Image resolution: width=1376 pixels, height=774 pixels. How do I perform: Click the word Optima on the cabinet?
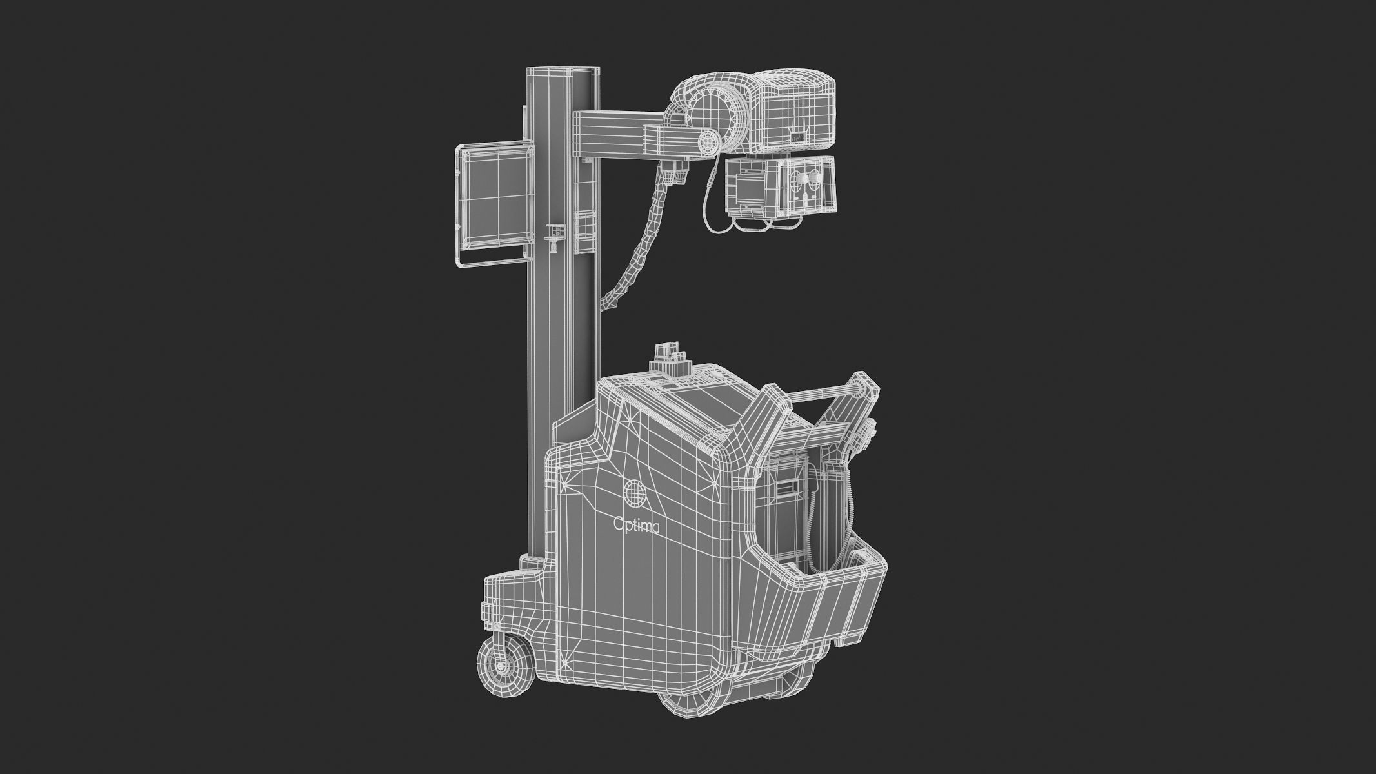(x=635, y=528)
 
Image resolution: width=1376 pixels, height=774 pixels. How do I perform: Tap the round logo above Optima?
(x=635, y=491)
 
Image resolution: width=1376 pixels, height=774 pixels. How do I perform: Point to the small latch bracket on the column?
(x=553, y=235)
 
